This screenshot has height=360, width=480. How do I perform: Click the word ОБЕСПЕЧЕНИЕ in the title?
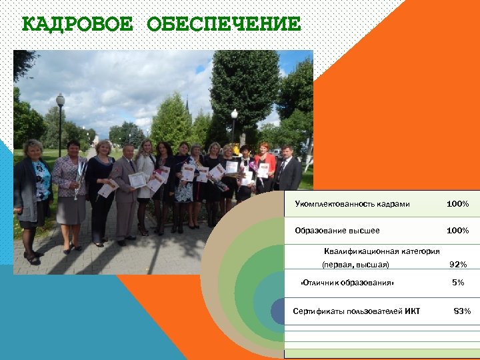pos(223,25)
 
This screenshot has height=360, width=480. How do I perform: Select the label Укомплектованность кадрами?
pos(353,203)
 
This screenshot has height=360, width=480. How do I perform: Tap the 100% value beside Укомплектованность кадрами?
pos(457,203)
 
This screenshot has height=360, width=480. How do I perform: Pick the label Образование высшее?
pos(337,231)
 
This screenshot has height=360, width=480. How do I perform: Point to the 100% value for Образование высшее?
pos(457,231)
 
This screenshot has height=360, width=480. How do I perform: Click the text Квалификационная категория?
pos(381,251)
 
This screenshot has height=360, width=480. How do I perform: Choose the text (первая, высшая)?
pos(355,265)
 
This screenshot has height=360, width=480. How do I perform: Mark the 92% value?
pos(457,265)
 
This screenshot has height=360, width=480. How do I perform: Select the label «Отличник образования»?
pos(347,283)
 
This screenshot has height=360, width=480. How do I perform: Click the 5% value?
pos(458,283)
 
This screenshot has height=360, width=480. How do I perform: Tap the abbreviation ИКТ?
pos(412,311)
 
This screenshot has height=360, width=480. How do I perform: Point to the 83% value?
pos(462,311)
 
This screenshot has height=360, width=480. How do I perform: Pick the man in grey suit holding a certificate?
pos(125,190)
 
